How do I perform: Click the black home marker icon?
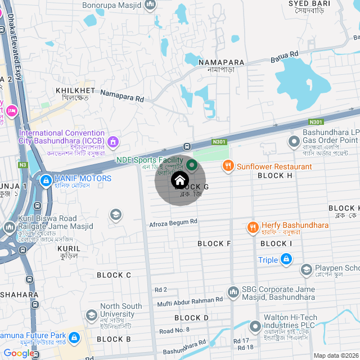pyautogui.click(x=179, y=181)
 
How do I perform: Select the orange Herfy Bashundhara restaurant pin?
pyautogui.click(x=253, y=227)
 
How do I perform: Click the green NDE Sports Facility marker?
pyautogui.click(x=192, y=165)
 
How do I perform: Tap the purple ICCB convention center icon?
pyautogui.click(x=113, y=141)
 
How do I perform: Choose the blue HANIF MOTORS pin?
pyautogui.click(x=45, y=181)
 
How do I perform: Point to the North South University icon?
pyautogui.click(x=92, y=314)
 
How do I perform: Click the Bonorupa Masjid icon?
pyautogui.click(x=150, y=5)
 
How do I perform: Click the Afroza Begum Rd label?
pyautogui.click(x=173, y=223)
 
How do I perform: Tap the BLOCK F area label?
pyautogui.click(x=214, y=244)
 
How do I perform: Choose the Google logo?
pyautogui.click(x=19, y=353)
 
